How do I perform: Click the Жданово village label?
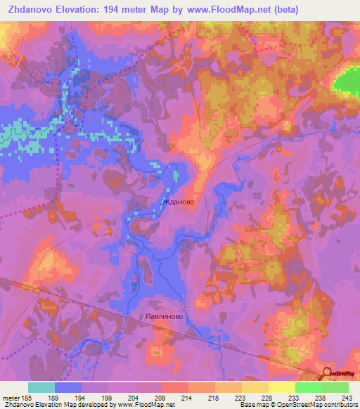pos(178,202)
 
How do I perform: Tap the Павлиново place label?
pos(165,317)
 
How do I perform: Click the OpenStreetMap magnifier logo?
pos(328,375)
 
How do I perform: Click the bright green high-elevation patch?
pos(346,82)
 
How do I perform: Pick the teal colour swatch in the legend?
pos(41,387)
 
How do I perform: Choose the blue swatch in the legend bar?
pos(68,387)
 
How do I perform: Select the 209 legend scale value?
pos(161,398)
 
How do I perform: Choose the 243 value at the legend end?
pos(347,398)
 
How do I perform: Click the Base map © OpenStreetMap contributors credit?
pos(298,405)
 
